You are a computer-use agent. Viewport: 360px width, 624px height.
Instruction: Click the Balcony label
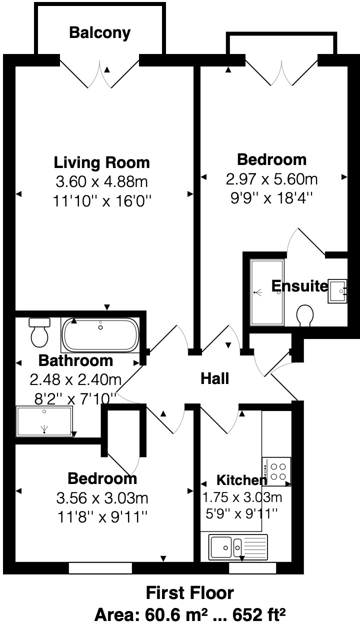[x=99, y=33]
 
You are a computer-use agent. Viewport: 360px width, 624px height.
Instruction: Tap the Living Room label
[x=101, y=162]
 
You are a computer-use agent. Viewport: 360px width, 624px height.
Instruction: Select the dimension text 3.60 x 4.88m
[x=101, y=181]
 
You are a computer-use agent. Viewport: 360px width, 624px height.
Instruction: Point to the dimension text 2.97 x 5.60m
[x=271, y=178]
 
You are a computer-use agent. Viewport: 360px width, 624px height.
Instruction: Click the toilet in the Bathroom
[x=39, y=332]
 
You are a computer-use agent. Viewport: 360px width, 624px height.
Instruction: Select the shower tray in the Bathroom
[x=44, y=421]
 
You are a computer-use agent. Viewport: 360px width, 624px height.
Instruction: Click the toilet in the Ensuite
[x=304, y=316]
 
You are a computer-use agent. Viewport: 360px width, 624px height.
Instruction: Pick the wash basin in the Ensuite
[x=335, y=290]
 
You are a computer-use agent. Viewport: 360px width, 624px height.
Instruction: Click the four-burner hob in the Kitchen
[x=276, y=471]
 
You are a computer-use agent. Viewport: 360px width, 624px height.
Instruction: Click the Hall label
[x=214, y=378]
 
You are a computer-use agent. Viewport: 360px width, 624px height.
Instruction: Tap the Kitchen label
[x=241, y=480]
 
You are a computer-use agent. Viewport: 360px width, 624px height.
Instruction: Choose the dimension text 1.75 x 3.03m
[x=242, y=497]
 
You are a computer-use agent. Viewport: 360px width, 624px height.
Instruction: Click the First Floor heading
[x=189, y=593]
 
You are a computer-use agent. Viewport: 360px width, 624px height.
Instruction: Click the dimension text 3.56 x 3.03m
[x=102, y=498]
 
